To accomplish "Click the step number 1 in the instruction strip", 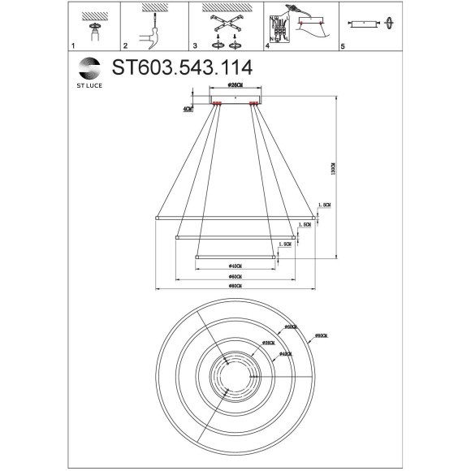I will click(73, 49).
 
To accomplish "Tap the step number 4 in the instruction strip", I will click(267, 49).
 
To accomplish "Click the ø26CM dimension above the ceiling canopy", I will click(235, 85).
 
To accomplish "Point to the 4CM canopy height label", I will click(188, 107).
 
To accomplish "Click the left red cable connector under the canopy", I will click(217, 103).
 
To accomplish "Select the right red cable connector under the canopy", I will click(254, 103).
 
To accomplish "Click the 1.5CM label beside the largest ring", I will click(324, 205).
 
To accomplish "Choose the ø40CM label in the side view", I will click(234, 266).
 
